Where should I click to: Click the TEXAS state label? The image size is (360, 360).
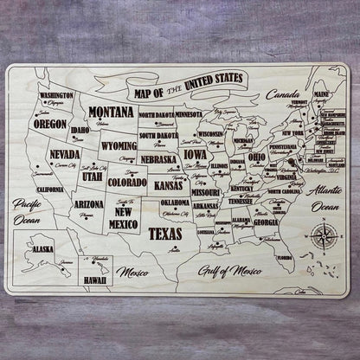(x=165, y=233)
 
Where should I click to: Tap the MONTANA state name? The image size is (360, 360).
(x=111, y=112)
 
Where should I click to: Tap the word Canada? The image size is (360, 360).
(x=282, y=93)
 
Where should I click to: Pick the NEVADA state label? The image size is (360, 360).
(x=65, y=154)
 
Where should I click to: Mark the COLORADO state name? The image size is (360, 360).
(x=127, y=183)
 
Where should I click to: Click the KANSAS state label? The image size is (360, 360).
(x=169, y=185)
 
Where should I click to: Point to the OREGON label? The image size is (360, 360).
(x=50, y=124)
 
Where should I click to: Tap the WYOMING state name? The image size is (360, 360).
(x=119, y=145)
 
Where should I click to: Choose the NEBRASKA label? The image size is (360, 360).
(x=159, y=159)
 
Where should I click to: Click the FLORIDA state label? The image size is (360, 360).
(x=285, y=257)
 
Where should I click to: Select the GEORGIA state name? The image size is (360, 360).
(x=266, y=222)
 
